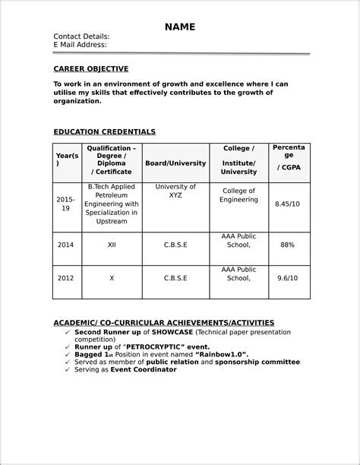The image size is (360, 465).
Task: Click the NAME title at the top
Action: [x=180, y=27]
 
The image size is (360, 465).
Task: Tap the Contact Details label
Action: [x=81, y=36]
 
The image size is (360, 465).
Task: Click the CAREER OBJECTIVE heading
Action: [x=90, y=68]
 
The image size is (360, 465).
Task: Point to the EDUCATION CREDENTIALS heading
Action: [x=104, y=131]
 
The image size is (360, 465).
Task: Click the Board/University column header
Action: [x=175, y=163]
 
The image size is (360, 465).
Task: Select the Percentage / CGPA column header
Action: [x=289, y=157]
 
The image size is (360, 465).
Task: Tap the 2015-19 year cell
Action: [x=65, y=204]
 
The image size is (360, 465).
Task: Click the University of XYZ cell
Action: [x=175, y=191]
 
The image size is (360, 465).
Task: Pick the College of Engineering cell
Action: [x=238, y=195]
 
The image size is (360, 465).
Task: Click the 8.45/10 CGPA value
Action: [x=287, y=204]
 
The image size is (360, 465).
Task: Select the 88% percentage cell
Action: [x=287, y=245]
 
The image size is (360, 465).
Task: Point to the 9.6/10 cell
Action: [x=287, y=279]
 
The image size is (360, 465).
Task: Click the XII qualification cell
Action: [x=112, y=245]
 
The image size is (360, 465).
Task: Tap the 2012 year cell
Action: [x=65, y=279]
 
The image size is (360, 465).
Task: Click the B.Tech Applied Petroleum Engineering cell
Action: [x=112, y=204]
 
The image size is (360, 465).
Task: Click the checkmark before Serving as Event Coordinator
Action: [x=67, y=369]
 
